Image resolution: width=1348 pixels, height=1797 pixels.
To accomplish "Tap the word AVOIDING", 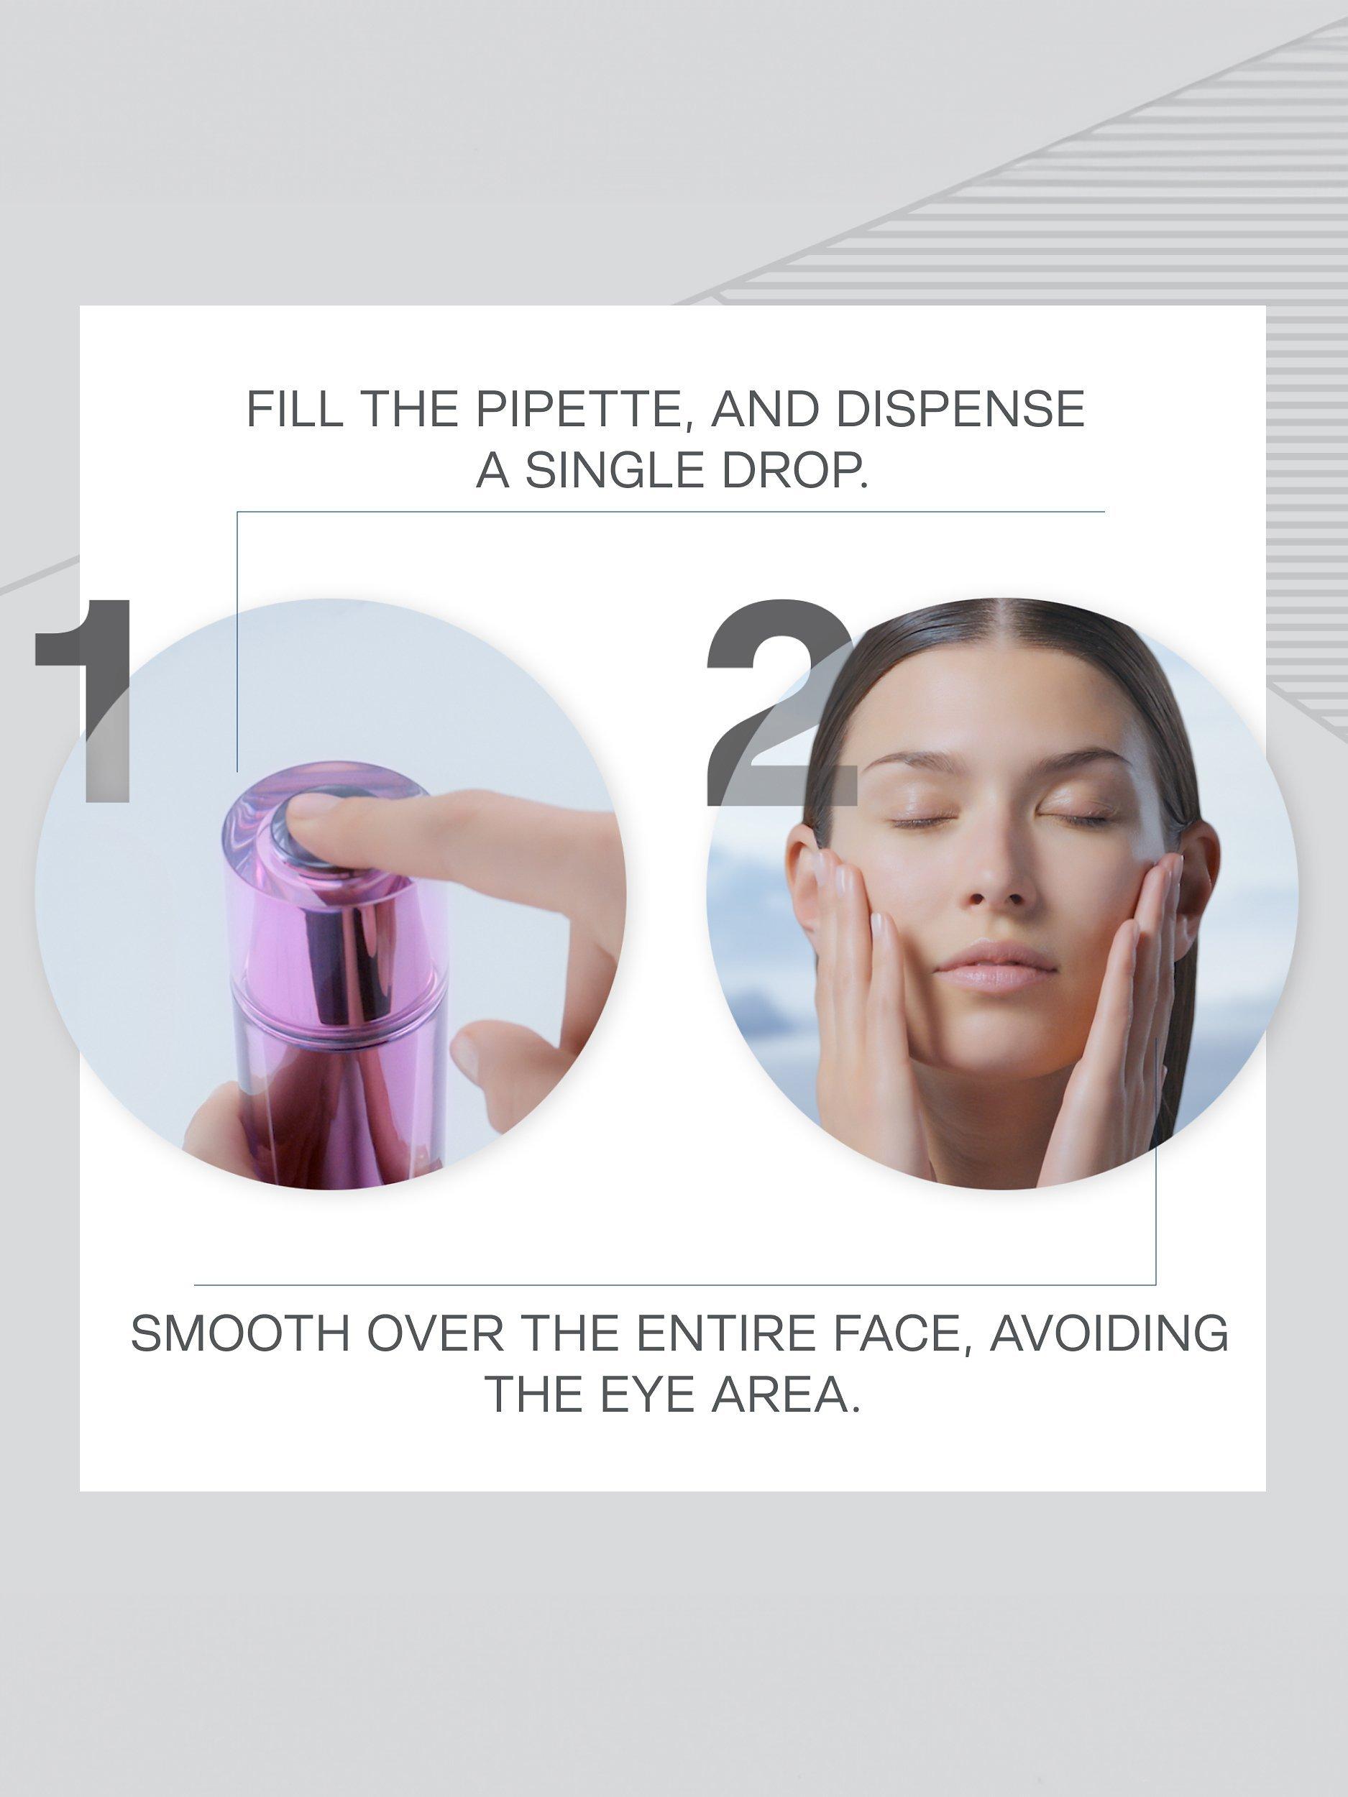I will click(x=1109, y=1333).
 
